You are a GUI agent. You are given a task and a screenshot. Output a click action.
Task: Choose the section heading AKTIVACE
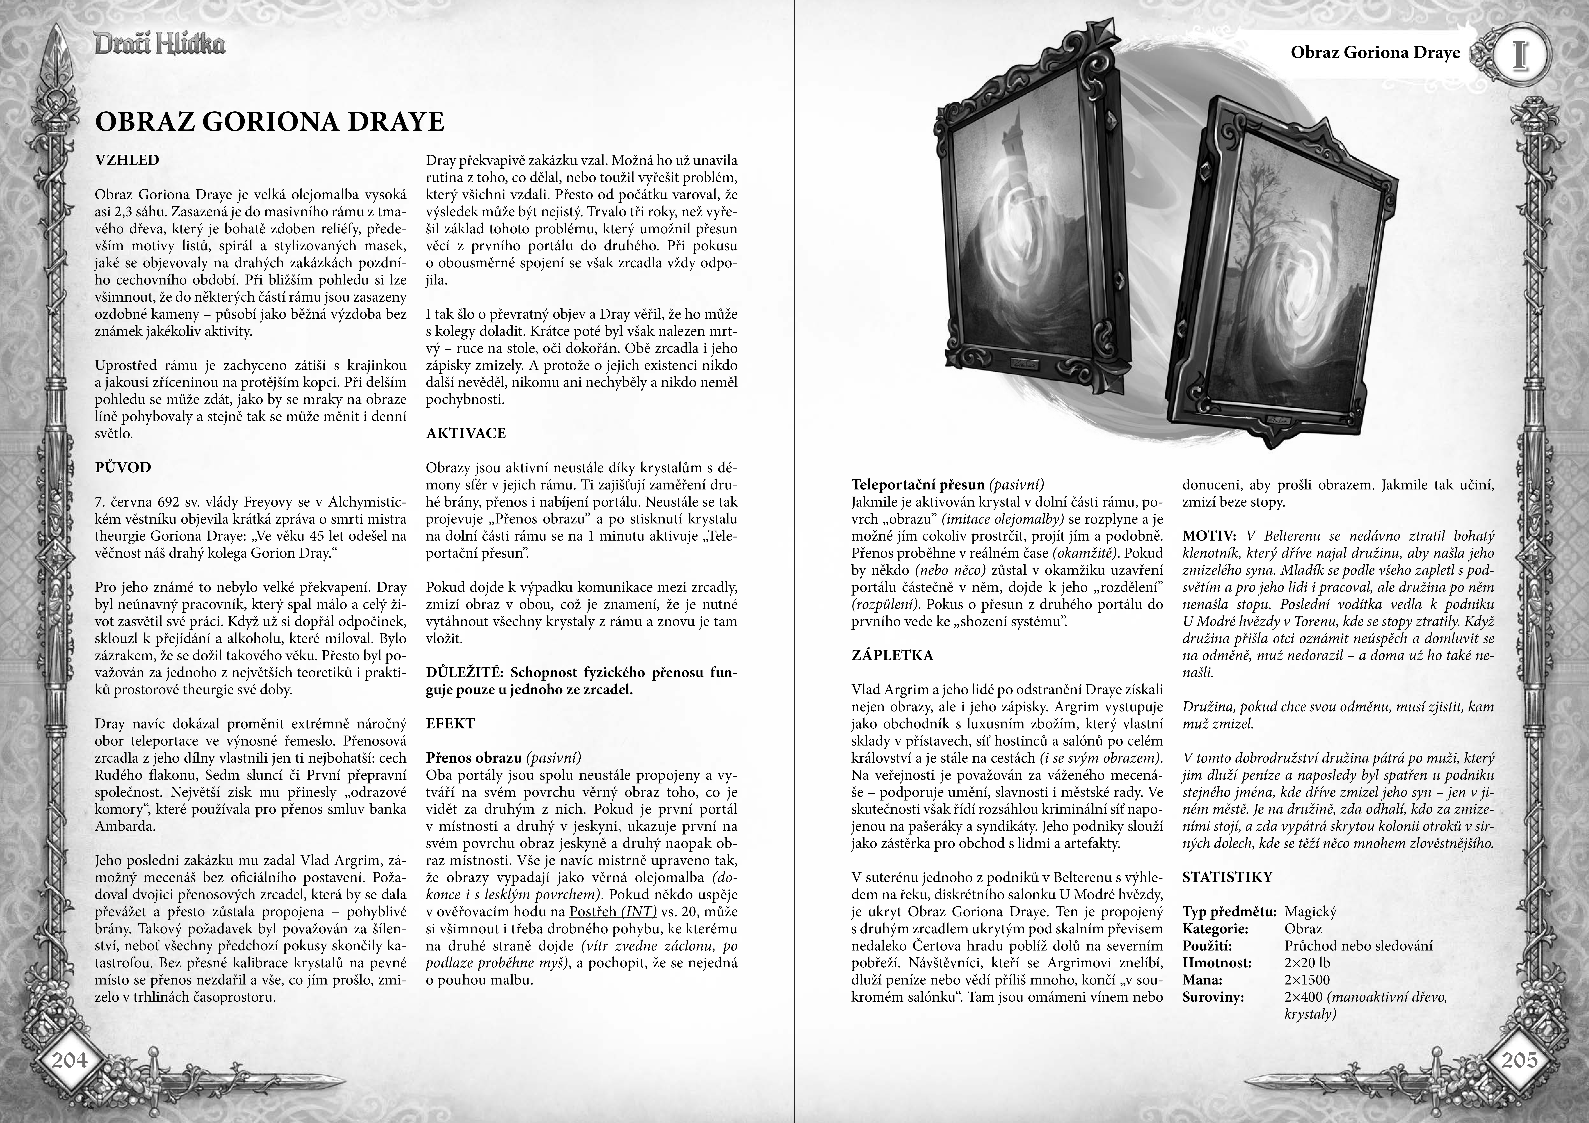[466, 434]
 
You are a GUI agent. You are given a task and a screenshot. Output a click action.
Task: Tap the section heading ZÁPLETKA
[892, 655]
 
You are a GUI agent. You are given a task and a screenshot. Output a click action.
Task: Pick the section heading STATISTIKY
[1227, 877]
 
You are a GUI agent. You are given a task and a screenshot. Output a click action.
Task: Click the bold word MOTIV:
[1209, 536]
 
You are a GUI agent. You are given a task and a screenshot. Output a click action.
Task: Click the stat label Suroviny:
[1213, 997]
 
